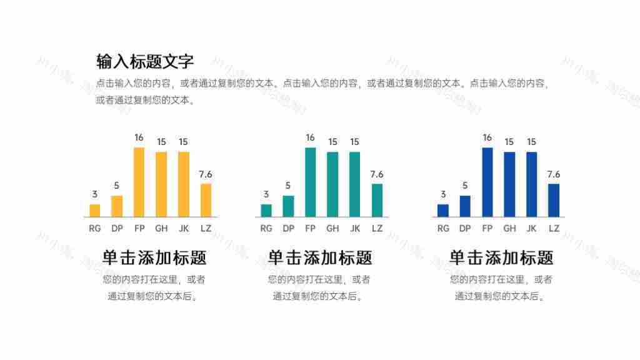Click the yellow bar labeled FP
pos(139,182)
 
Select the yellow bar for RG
pos(95,211)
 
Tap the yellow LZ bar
pos(206,200)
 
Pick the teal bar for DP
pos(288,206)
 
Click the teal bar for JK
pos(354,184)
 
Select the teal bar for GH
pos(332,184)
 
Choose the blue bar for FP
pos(487,182)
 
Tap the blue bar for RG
pos(443,211)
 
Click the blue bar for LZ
pos(554,200)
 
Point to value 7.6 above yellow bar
pos(206,174)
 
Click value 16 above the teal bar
pos(310,137)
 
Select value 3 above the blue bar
pos(443,194)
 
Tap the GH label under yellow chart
pos(161,229)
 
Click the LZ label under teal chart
pos(377,229)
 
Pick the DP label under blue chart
pos(465,229)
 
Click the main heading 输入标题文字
pos(145,61)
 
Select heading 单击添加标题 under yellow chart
pos(154,257)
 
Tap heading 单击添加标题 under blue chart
pos(501,257)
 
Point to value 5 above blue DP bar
pos(465,186)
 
